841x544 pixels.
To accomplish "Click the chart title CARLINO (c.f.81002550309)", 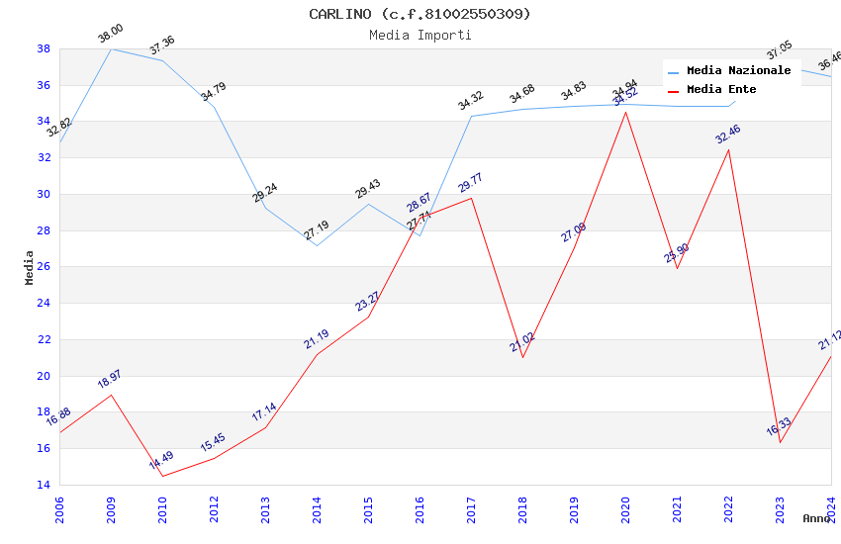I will click(420, 14).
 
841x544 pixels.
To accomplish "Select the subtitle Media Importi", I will click(420, 35).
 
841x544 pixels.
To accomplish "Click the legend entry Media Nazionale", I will click(738, 70).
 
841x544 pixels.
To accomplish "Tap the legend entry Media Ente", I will click(721, 89).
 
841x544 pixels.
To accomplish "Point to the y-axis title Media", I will click(30, 266).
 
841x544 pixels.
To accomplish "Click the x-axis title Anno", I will click(816, 518).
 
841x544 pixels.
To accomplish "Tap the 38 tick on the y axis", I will click(44, 48).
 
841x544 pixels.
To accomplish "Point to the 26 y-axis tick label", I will click(44, 267).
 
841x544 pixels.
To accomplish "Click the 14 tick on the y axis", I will click(44, 485).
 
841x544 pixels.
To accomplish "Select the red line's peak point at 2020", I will click(625, 112).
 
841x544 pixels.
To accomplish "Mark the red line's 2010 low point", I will click(162, 476).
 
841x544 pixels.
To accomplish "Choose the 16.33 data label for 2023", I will click(779, 426).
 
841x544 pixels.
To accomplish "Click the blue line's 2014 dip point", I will click(317, 245).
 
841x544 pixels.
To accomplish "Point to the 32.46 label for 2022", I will click(728, 135).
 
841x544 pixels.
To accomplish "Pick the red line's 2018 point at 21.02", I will click(522, 357).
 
